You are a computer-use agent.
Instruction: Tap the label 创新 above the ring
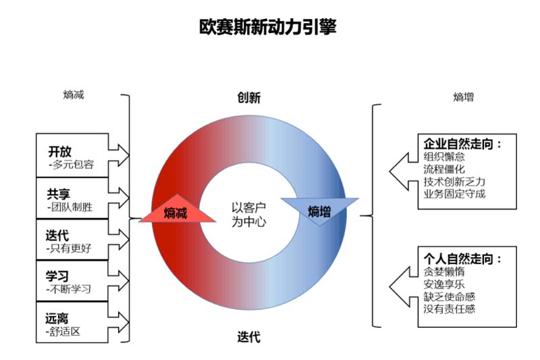(x=248, y=98)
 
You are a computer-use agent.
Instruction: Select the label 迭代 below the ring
(x=248, y=336)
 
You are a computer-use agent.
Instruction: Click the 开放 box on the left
(x=72, y=155)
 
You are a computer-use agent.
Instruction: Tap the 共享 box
(x=72, y=200)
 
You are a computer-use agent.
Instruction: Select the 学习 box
(x=72, y=282)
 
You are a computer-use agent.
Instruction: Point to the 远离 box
(x=72, y=324)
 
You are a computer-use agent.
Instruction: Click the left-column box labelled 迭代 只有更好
(x=72, y=241)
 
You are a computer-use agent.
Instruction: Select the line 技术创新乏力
(x=454, y=182)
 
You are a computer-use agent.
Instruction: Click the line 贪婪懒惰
(x=444, y=272)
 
